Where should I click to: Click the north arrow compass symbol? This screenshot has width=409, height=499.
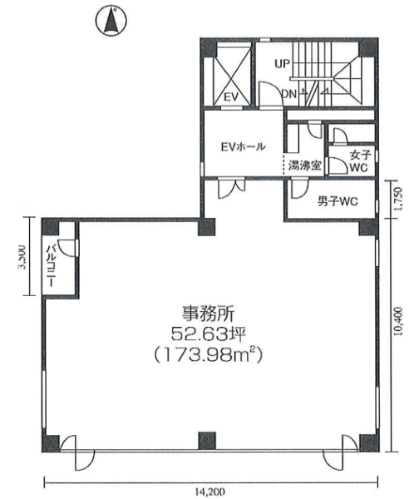click(x=111, y=21)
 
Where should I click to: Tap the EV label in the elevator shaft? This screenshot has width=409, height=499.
click(x=231, y=96)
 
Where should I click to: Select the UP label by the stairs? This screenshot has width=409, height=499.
click(x=283, y=64)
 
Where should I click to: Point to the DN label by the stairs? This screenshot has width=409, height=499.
click(x=288, y=94)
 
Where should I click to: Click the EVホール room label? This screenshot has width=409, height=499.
click(x=244, y=147)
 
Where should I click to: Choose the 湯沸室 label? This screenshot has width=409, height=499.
click(x=304, y=166)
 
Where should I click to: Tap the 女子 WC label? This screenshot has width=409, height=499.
click(x=360, y=161)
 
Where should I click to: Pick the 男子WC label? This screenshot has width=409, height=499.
click(x=338, y=201)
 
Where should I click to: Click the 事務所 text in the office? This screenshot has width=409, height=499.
click(x=208, y=314)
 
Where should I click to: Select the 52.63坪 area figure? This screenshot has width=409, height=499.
click(x=209, y=334)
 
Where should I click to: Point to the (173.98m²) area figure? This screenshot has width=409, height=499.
click(x=209, y=355)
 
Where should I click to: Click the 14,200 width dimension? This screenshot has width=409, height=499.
click(x=210, y=492)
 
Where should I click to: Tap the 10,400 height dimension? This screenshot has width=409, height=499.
click(x=399, y=321)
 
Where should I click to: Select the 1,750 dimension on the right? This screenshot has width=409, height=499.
click(x=399, y=200)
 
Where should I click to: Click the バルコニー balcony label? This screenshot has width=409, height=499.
click(x=52, y=266)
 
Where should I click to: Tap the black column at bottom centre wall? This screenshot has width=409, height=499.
click(x=207, y=441)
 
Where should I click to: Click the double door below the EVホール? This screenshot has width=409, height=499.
click(x=231, y=189)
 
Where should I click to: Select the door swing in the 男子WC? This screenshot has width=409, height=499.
click(x=299, y=190)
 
